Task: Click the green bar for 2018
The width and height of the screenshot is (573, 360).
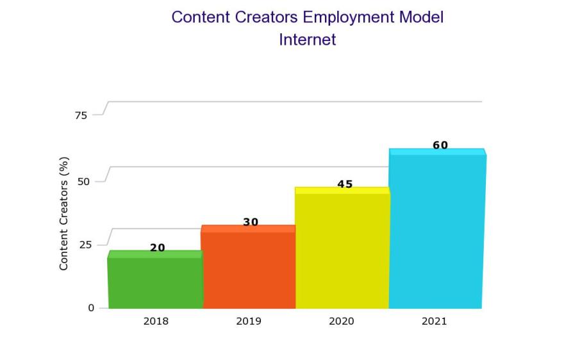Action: tap(155, 282)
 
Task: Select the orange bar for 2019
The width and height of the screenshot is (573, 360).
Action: tap(248, 269)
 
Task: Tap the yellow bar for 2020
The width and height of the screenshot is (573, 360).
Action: tap(342, 250)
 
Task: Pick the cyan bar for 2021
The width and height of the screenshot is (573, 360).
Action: tap(436, 231)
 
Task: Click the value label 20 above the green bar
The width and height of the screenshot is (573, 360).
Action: tap(158, 248)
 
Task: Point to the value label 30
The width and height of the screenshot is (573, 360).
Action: tap(251, 222)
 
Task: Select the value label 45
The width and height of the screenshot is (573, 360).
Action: tap(345, 184)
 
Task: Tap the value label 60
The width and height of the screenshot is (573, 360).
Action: tap(440, 145)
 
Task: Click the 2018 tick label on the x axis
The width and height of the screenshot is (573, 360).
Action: tap(156, 322)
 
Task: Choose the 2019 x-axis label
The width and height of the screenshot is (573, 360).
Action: tap(249, 322)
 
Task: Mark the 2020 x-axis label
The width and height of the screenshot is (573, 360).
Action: tap(342, 322)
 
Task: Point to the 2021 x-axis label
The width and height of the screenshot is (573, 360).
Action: tap(434, 322)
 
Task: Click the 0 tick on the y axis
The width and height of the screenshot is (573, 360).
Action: tap(91, 308)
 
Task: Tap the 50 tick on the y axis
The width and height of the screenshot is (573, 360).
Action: tap(83, 181)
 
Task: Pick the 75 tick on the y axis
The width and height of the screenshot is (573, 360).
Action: tap(81, 115)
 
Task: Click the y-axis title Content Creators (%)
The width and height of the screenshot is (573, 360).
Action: tap(64, 213)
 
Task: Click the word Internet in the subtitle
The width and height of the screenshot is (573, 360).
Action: tap(307, 40)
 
